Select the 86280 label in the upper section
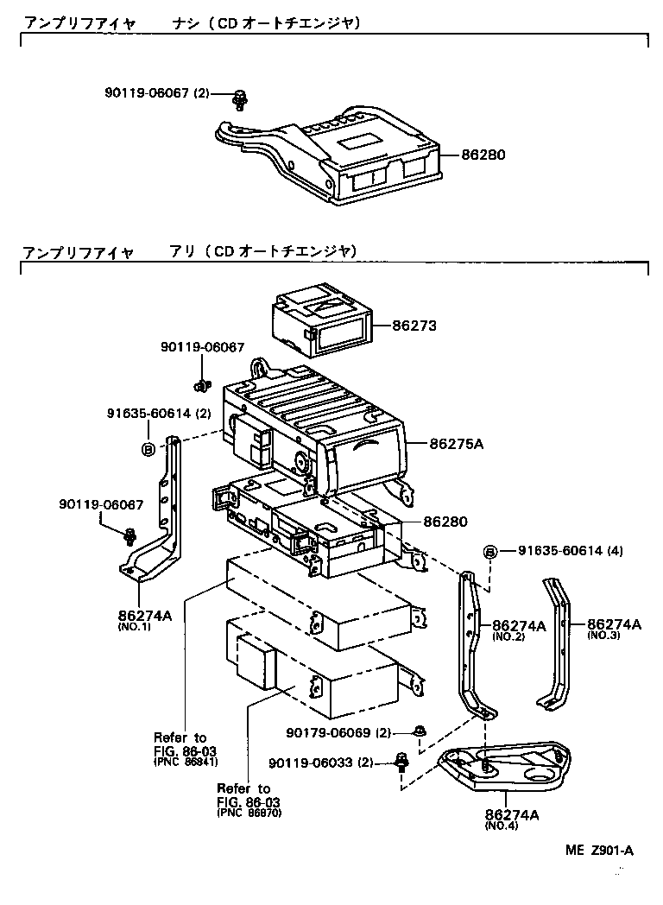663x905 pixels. [x=483, y=155]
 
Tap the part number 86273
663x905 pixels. [x=414, y=326]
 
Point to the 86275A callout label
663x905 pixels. [x=457, y=444]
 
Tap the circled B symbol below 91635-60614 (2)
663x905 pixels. [x=148, y=448]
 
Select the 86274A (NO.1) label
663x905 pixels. [x=145, y=620]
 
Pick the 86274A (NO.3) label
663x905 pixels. [x=614, y=628]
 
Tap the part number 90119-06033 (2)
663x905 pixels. [x=320, y=763]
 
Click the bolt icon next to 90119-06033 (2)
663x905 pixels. [x=401, y=761]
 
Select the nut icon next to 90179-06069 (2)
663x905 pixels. [x=418, y=731]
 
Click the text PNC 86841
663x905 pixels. [x=186, y=763]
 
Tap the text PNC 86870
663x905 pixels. [x=249, y=813]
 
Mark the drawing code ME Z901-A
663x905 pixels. [x=599, y=851]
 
